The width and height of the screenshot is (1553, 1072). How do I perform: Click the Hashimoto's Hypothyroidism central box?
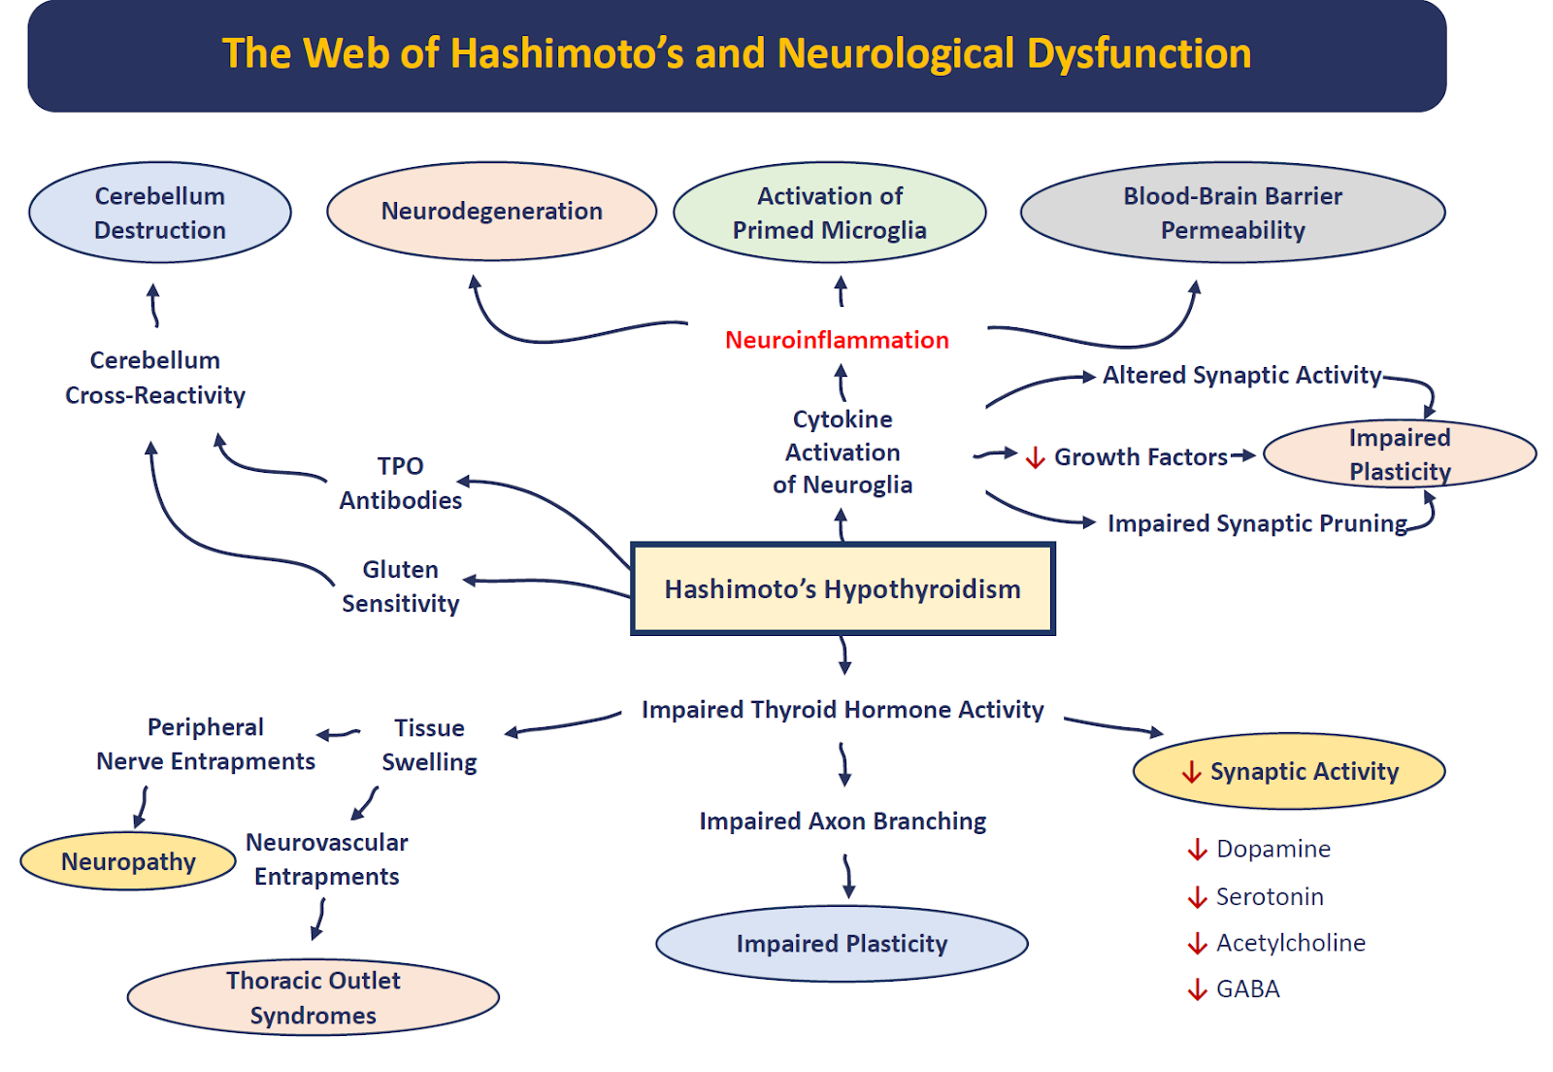coord(843,589)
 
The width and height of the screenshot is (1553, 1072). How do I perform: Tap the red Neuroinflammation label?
coord(837,340)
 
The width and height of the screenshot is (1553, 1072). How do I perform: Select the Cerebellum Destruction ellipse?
coord(160,213)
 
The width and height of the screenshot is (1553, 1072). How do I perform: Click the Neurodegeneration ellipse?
coord(491,212)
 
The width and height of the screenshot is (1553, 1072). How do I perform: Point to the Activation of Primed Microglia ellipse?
coord(830,213)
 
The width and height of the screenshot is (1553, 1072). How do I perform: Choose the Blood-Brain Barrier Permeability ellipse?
coord(1233,213)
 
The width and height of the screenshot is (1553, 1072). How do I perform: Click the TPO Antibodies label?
coord(401,483)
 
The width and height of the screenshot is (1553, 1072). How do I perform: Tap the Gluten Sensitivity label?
coord(401,586)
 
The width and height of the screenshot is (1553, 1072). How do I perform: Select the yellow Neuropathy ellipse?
coord(128,861)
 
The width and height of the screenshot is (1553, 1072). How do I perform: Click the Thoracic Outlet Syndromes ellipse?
coord(314,997)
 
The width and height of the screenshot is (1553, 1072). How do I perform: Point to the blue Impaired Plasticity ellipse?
coord(842,944)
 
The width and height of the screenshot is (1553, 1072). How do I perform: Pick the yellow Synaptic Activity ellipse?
coord(1289,771)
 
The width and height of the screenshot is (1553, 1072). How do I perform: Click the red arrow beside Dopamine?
coord(1197,850)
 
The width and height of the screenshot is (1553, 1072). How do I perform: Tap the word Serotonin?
coord(1270,896)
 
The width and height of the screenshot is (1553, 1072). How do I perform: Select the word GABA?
coord(1248,988)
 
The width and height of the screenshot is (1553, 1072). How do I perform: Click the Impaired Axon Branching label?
coord(843,821)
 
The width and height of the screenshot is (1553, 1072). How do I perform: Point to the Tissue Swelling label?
coord(429,745)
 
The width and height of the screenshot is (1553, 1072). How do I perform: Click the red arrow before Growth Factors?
coord(1036,457)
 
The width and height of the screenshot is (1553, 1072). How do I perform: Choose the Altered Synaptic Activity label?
coord(1241,375)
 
